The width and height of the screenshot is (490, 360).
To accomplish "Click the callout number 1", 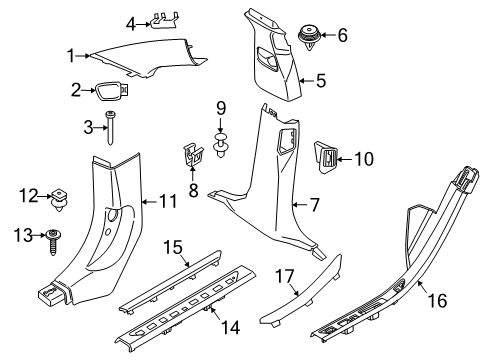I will click(70, 55).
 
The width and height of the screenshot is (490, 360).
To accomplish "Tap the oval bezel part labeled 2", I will click(109, 92).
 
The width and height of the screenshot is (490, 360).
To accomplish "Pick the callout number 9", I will click(223, 107).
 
